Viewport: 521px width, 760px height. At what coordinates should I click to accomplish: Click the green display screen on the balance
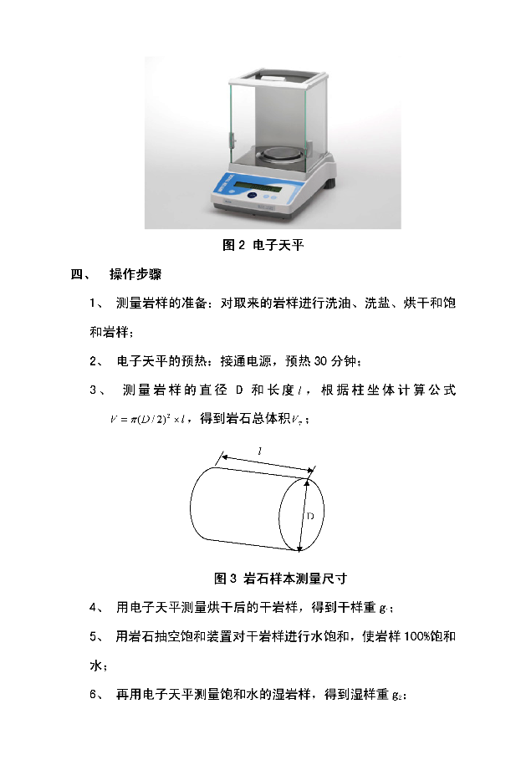(258, 187)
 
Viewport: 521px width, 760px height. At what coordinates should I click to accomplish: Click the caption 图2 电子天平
(263, 245)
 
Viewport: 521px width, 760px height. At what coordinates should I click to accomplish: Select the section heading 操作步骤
(135, 274)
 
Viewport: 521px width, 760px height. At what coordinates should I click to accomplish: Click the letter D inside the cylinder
(310, 516)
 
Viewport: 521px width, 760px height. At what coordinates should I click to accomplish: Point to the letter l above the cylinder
(260, 451)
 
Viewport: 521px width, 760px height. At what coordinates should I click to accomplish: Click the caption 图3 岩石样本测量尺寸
(281, 579)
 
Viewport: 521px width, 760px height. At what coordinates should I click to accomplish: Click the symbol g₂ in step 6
(397, 696)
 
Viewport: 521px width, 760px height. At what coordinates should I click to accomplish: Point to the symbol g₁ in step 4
(384, 609)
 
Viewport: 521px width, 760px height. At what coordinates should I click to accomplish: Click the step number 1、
(96, 303)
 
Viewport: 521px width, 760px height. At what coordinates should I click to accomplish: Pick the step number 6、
(96, 695)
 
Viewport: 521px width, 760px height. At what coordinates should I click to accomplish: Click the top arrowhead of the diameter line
(307, 482)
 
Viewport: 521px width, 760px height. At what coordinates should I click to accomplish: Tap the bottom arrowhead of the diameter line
(299, 548)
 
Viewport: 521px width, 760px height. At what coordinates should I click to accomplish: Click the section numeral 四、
(80, 274)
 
